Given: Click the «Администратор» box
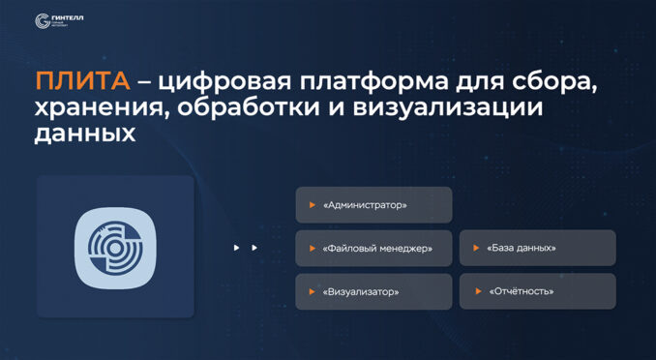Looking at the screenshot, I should click(373, 205).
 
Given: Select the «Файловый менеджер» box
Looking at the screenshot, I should click(373, 248).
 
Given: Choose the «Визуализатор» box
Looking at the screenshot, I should click(373, 291).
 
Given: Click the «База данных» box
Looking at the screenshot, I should click(537, 248).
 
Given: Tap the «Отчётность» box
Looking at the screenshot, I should click(537, 291).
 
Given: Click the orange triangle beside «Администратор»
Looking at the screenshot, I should click(312, 205).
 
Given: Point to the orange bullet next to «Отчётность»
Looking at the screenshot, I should click(476, 291).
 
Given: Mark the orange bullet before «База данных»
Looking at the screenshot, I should click(476, 248).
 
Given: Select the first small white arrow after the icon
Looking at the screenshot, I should click(236, 248).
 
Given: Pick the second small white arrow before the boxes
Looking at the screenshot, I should click(254, 248).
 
